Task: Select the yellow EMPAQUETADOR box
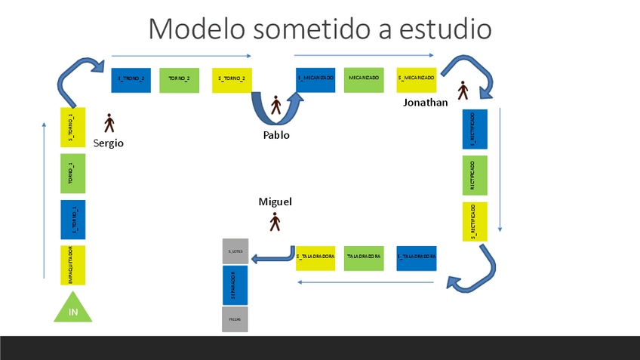point(73,265)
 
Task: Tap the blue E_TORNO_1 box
point(73,220)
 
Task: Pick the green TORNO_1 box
point(73,174)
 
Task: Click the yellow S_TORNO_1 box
point(73,127)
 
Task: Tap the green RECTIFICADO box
point(475,175)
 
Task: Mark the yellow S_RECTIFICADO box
point(475,222)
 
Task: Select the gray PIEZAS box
point(235,320)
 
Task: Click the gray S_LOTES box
point(235,251)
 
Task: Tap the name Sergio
point(109,143)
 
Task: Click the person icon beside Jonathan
point(463,91)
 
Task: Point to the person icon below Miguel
point(275,222)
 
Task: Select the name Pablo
point(276,135)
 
